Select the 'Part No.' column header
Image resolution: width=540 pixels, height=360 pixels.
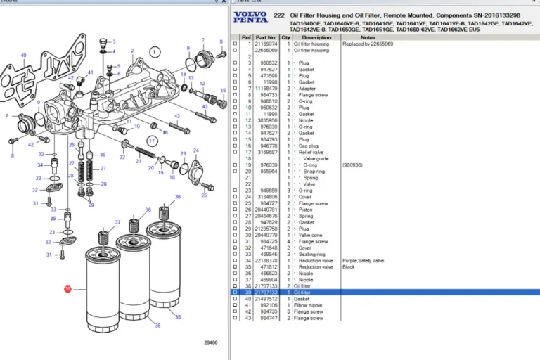[266, 37]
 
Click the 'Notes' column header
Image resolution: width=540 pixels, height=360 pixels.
[368, 37]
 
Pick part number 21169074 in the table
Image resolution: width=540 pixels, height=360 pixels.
[266, 44]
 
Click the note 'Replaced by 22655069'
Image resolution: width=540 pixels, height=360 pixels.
[368, 44]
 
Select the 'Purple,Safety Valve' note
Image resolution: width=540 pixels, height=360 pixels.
[364, 260]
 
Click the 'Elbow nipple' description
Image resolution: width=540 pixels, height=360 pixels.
[309, 305]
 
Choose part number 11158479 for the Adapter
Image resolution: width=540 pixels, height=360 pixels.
[266, 89]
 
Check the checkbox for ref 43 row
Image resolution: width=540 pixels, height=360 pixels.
[236, 318]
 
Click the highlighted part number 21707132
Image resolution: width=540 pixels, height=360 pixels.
[266, 292]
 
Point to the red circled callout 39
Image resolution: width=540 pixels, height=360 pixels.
[68, 289]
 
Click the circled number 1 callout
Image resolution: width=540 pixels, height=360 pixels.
[155, 51]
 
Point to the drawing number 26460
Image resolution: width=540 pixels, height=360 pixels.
[210, 343]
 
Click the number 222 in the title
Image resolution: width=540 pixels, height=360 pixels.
[278, 15]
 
